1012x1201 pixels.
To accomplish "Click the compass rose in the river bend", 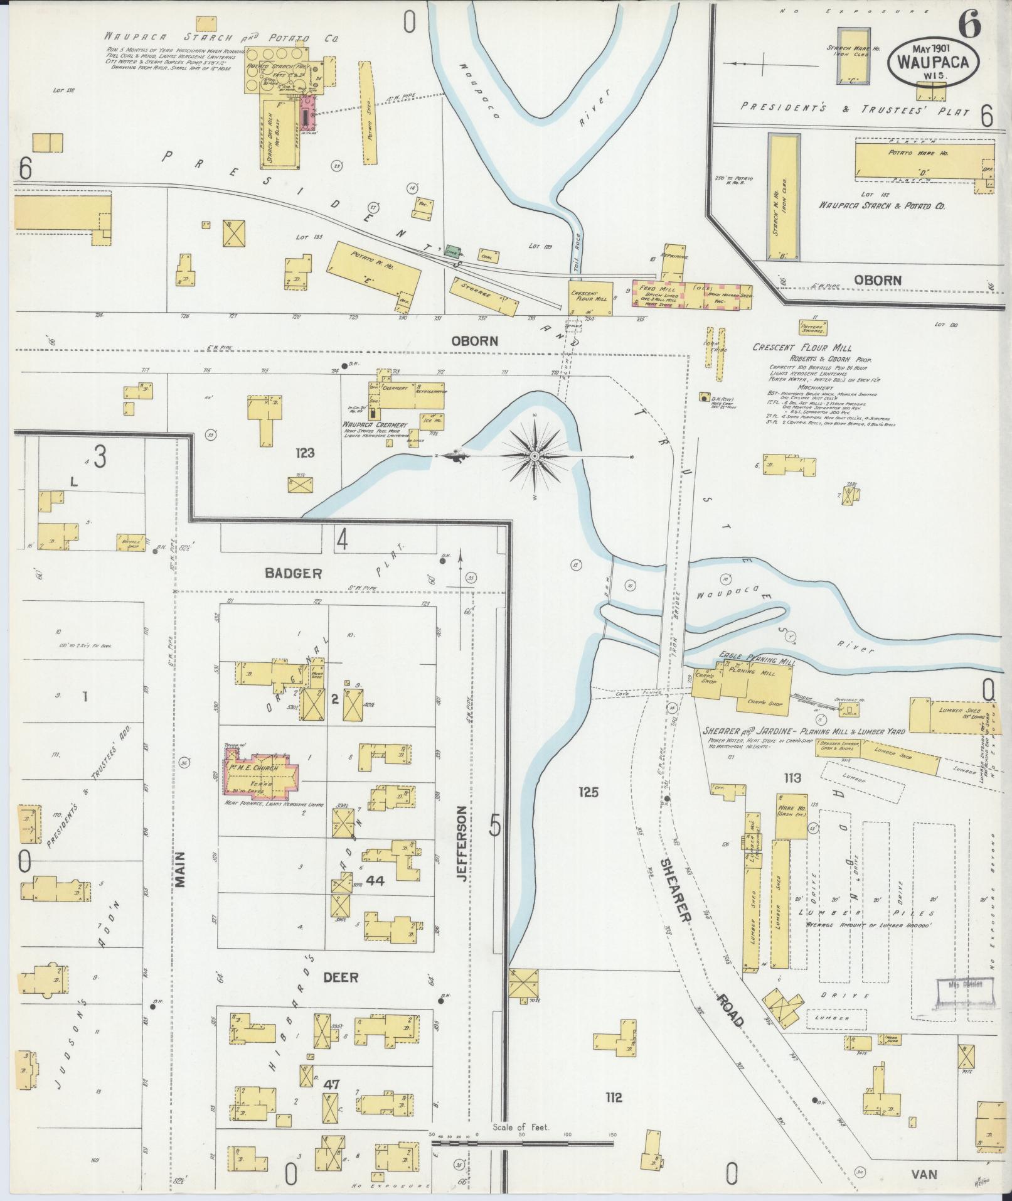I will [x=534, y=456].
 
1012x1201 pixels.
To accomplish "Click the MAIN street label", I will [x=181, y=868].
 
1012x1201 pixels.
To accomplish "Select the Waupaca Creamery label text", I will [x=374, y=425].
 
